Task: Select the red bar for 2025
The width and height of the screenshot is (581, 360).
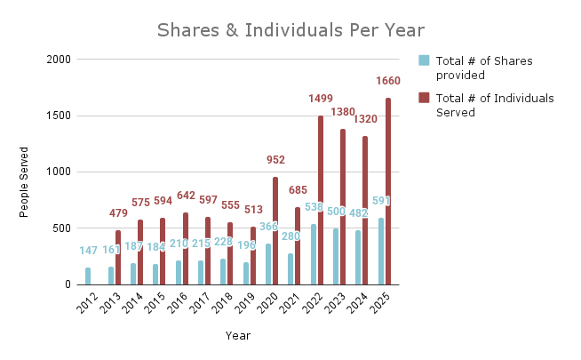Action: click(x=388, y=191)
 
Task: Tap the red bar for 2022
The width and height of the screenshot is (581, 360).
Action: click(x=321, y=200)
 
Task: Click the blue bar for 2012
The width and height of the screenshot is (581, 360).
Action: click(x=88, y=276)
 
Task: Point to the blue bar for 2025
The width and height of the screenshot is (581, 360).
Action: click(x=381, y=252)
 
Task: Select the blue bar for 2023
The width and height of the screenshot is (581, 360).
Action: click(x=336, y=257)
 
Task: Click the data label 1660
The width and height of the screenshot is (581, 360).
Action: click(x=389, y=81)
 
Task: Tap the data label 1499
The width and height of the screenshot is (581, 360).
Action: click(x=322, y=99)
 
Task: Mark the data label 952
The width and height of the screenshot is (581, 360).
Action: click(x=275, y=160)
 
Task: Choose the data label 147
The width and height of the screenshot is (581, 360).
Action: click(x=88, y=252)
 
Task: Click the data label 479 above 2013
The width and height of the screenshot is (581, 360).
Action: click(x=118, y=213)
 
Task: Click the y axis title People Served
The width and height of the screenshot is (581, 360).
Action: click(x=24, y=182)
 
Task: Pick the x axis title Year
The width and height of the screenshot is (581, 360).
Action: click(x=237, y=336)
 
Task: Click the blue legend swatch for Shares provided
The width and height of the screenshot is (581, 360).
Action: click(x=425, y=60)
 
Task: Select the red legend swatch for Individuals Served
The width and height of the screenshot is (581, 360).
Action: click(x=425, y=98)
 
